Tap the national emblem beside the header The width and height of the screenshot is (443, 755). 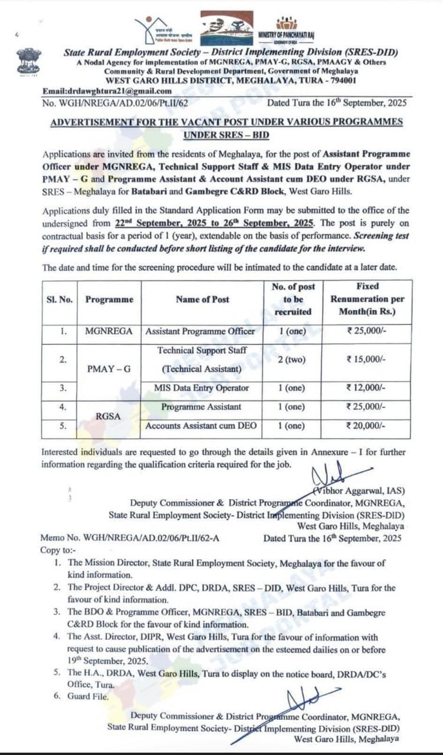tap(29, 62)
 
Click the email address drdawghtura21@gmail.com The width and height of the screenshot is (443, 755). tap(107, 91)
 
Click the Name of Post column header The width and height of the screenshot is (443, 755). tap(203, 299)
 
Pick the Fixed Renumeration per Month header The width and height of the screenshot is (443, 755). tap(367, 299)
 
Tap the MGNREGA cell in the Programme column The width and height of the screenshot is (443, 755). tap(109, 331)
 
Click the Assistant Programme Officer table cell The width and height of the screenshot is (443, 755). tap(200, 331)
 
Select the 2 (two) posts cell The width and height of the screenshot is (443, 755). tap(292, 359)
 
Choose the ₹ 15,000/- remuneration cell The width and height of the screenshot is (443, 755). tap(366, 359)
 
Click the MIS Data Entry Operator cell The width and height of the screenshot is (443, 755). tap(202, 388)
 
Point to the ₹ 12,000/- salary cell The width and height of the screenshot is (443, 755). tap(366, 388)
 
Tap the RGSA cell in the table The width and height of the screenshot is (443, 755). tap(108, 416)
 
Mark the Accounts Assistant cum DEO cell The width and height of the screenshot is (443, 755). tap(201, 426)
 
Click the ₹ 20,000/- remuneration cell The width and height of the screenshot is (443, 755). tap(366, 426)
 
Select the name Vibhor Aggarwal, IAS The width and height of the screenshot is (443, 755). tap(359, 491)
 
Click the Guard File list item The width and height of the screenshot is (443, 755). tap(88, 696)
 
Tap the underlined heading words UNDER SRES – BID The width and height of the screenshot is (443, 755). tap(226, 135)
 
